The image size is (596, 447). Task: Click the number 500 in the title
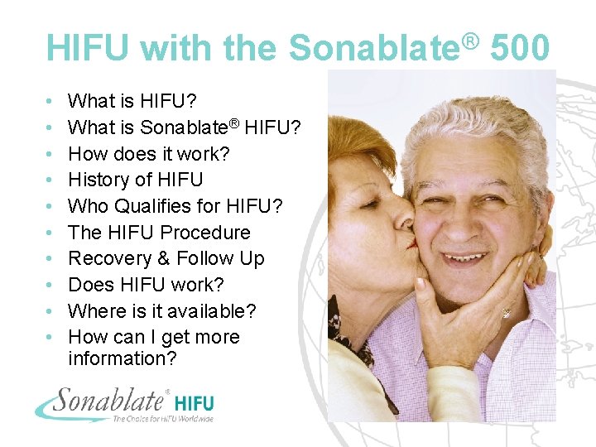tap(520, 47)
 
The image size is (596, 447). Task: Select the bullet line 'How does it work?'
tap(149, 154)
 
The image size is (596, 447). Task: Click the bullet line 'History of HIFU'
tap(135, 180)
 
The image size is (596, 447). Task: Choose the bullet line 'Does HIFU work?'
tap(146, 285)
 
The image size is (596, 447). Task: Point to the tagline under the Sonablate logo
tap(162, 419)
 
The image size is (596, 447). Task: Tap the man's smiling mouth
tap(470, 258)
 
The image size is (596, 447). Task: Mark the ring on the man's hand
tap(506, 313)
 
